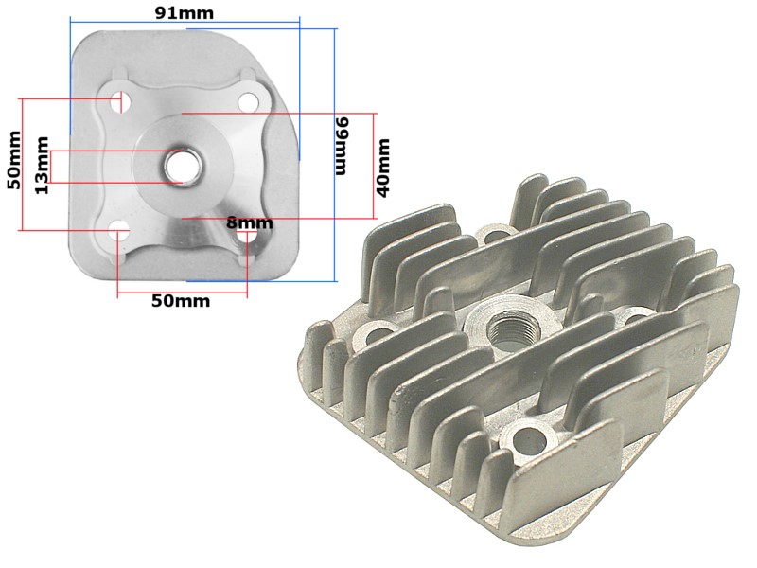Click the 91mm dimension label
click(x=185, y=12)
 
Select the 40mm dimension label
click(x=383, y=166)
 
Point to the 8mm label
click(x=249, y=222)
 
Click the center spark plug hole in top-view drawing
click(x=177, y=166)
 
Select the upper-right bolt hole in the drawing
click(x=248, y=101)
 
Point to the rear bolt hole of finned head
click(x=495, y=233)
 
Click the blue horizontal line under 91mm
click(x=185, y=27)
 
